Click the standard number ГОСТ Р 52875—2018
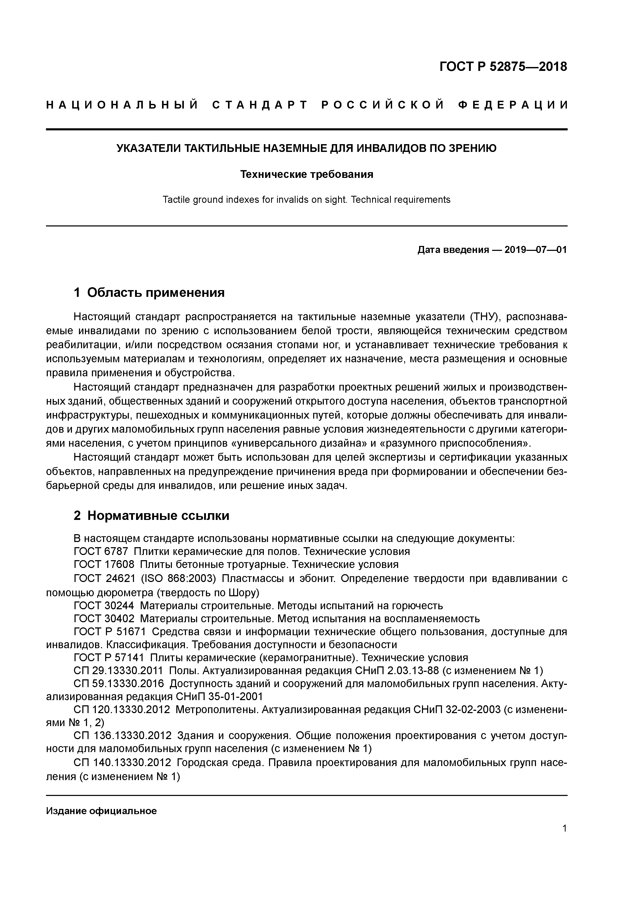pyautogui.click(x=503, y=67)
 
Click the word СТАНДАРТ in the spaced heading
pyautogui.click(x=260, y=105)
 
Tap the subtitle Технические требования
pyautogui.click(x=306, y=175)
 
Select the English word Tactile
pyautogui.click(x=176, y=200)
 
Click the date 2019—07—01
pyautogui.click(x=536, y=250)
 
